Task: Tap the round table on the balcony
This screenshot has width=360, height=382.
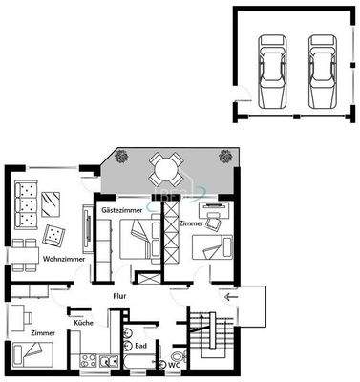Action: click(x=165, y=169)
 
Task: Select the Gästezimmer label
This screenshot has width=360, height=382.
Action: click(x=120, y=208)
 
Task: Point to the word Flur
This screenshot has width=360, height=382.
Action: click(x=120, y=297)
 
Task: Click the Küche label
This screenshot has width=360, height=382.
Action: click(x=82, y=322)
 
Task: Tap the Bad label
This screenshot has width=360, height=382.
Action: click(x=140, y=346)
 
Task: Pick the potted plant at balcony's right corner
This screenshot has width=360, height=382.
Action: click(x=225, y=156)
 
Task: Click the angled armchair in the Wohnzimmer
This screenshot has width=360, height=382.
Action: click(x=54, y=232)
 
